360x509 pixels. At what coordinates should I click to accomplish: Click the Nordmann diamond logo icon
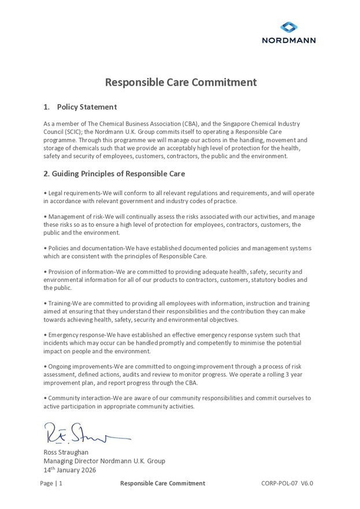pos(289,27)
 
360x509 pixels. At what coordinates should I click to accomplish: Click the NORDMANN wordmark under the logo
pos(289,40)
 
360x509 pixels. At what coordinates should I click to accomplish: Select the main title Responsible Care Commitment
pos(180,82)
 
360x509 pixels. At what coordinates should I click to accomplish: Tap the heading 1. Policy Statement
pos(80,107)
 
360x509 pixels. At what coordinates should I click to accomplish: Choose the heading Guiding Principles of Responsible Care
pos(118,174)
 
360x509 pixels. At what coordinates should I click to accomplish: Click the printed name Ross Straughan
pos(66,452)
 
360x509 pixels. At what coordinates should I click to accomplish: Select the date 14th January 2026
pos(70,470)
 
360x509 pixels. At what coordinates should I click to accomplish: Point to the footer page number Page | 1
pos(51,484)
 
